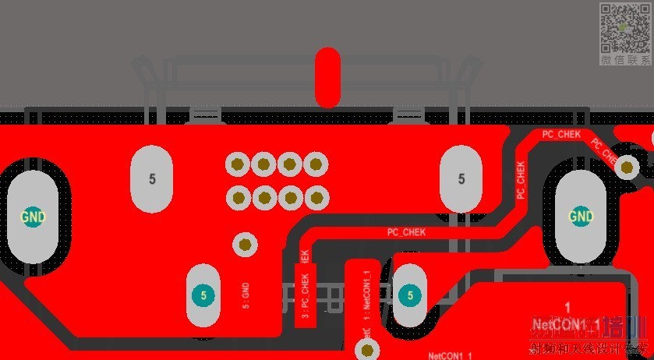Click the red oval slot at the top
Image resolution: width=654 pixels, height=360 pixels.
tap(327, 77)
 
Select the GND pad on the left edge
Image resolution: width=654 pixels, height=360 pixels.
tap(33, 216)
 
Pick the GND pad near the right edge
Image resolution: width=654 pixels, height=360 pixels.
tap(581, 216)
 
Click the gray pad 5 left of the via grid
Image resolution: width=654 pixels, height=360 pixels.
tap(152, 179)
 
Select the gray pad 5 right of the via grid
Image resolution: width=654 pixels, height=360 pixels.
tap(461, 179)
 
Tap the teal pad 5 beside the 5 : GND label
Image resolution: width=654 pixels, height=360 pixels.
tap(203, 295)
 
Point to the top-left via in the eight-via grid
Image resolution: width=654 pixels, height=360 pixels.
tap(237, 164)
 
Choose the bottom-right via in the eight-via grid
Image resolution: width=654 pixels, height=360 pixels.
tap(316, 197)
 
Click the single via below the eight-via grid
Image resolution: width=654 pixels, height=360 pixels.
tap(246, 245)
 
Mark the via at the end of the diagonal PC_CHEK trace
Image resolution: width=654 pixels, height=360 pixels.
tap(627, 167)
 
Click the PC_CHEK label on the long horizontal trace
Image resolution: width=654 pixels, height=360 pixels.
tap(407, 232)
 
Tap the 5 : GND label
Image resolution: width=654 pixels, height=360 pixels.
tap(246, 295)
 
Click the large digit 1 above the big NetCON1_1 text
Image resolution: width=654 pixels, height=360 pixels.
tap(567, 307)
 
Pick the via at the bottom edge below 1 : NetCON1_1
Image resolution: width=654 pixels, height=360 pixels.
tap(367, 350)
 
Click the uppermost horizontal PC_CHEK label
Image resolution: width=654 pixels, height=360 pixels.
tap(561, 135)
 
